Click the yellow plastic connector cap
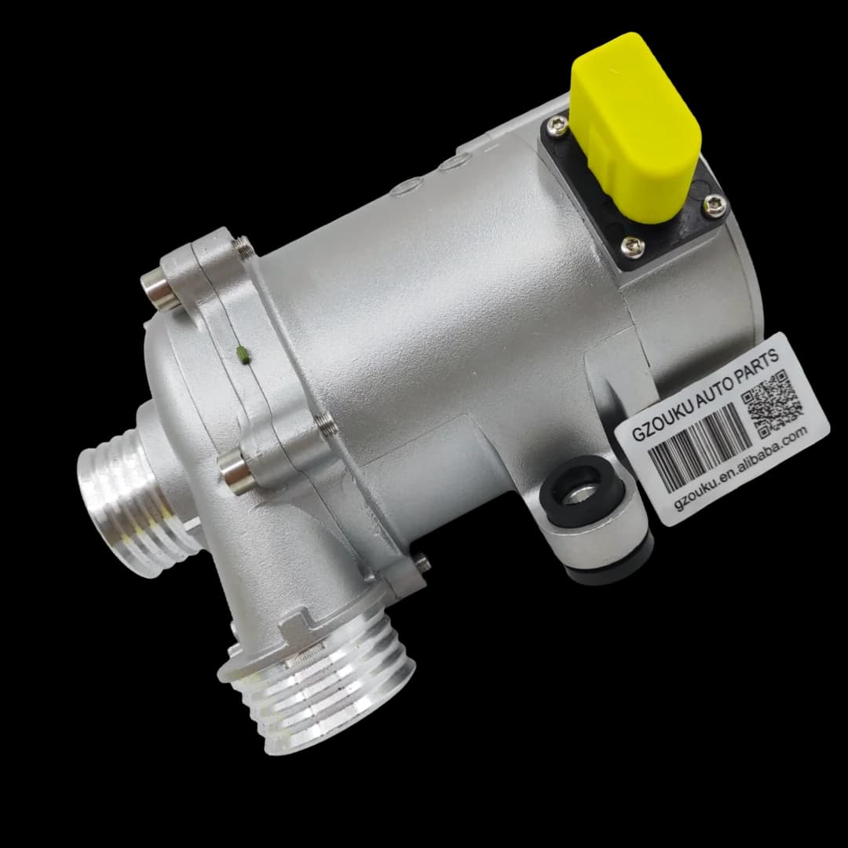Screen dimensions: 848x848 tap(636, 127)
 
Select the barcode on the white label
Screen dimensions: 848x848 tap(700, 446)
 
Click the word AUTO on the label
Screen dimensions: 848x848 tap(714, 386)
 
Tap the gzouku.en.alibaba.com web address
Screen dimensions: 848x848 tap(741, 465)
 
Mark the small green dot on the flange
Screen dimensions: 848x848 tap(243, 355)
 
